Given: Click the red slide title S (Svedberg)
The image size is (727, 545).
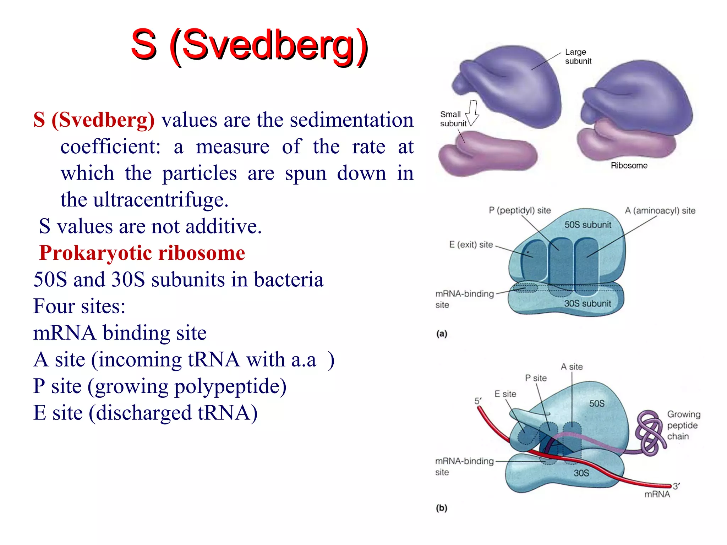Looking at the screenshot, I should [x=249, y=45].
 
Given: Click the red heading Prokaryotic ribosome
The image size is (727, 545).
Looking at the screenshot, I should [x=142, y=253].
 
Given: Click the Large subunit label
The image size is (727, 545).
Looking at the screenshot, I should [x=578, y=56].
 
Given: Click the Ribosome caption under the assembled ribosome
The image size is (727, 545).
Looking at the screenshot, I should [x=629, y=165].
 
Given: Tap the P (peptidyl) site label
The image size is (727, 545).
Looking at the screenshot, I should [x=519, y=210].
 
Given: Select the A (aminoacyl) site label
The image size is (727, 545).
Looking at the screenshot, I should [x=660, y=210].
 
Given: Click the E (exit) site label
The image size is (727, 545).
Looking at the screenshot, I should [x=471, y=244].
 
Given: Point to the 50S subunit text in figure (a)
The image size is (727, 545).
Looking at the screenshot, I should [x=587, y=225].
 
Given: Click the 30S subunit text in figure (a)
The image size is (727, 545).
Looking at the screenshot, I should [x=587, y=303].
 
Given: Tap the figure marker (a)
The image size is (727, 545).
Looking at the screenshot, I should [x=442, y=334].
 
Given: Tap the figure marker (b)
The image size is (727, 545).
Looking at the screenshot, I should [x=442, y=508].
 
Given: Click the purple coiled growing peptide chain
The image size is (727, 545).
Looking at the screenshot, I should [x=650, y=433].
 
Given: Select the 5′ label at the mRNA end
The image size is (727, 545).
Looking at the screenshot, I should [x=478, y=401].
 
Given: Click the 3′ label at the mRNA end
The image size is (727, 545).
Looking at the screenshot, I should [x=676, y=486].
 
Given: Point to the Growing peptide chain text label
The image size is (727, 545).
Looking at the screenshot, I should [x=683, y=425].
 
